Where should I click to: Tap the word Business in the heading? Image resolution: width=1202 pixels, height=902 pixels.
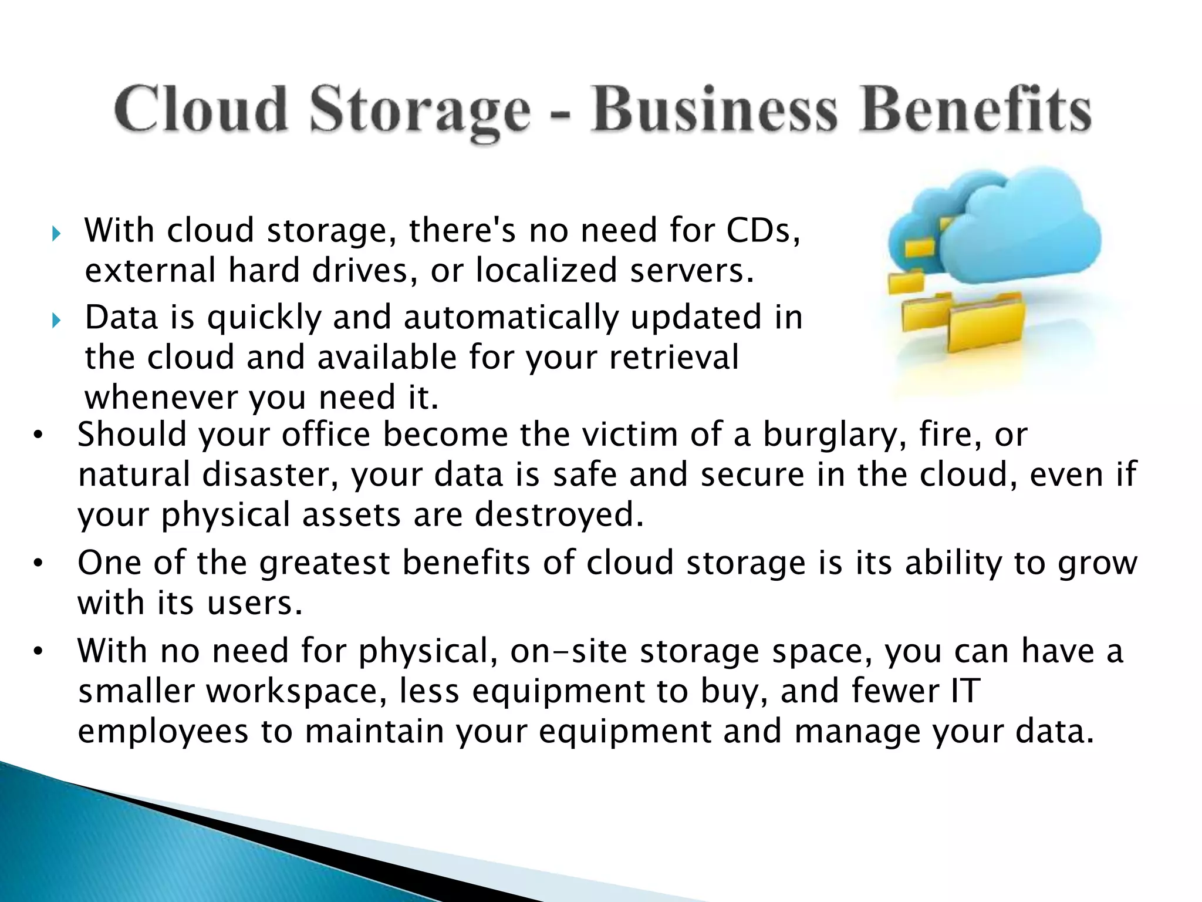tap(714, 110)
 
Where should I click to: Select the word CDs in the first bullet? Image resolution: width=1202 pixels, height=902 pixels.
tap(761, 230)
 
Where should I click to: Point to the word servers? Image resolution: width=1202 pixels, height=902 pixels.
tap(690, 271)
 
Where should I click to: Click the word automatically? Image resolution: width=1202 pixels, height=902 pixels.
tap(511, 317)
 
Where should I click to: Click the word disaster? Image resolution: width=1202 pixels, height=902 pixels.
tap(270, 474)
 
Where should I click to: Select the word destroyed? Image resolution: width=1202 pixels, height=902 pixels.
tap(559, 514)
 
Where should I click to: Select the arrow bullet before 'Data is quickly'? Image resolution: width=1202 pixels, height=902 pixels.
tap(56, 321)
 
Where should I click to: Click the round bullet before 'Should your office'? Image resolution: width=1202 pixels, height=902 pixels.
tap(39, 436)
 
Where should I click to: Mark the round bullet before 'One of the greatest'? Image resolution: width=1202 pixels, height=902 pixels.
tap(39, 564)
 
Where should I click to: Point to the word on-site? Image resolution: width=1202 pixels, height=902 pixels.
tap(568, 651)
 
